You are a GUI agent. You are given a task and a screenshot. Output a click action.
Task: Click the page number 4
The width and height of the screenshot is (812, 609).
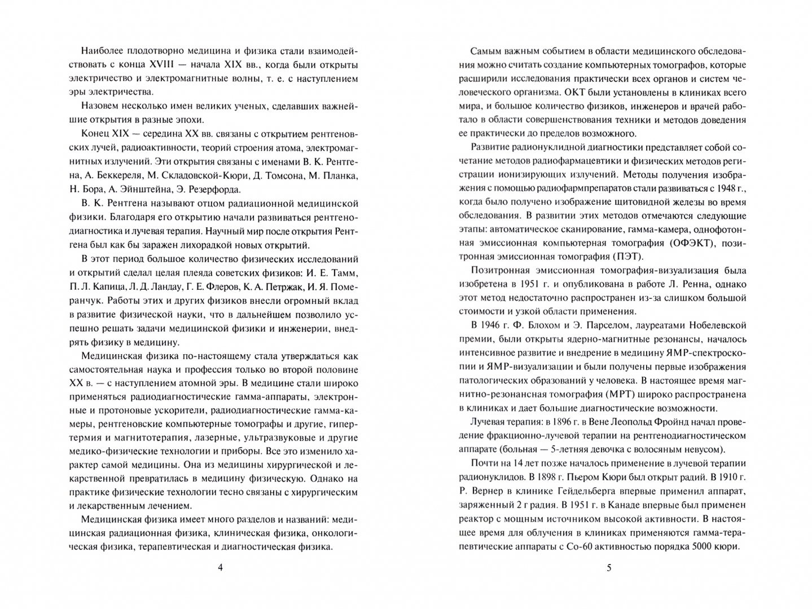click(220, 568)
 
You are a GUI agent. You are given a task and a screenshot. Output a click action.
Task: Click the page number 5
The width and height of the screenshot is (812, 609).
click(609, 568)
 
